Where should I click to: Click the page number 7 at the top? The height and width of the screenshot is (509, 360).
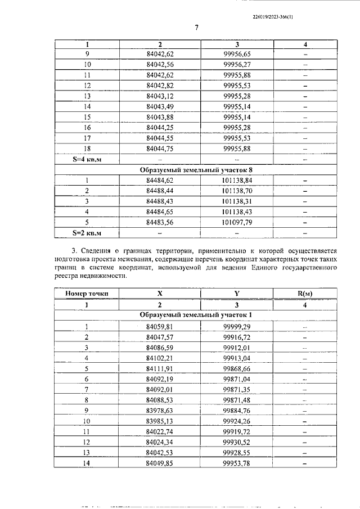[x=197, y=28]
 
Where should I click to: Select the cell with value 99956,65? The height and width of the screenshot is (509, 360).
[x=236, y=54]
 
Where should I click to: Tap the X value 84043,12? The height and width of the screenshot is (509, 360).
[x=160, y=96]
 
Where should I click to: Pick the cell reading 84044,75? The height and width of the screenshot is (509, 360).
[x=160, y=148]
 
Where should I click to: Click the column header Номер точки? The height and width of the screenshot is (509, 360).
[x=87, y=293]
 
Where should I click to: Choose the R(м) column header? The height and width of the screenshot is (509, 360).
[x=304, y=293]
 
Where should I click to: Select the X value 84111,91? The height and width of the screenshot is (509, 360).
[x=160, y=368]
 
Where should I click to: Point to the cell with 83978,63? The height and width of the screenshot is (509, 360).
[x=160, y=411]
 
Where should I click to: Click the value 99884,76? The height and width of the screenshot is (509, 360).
[x=236, y=411]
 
